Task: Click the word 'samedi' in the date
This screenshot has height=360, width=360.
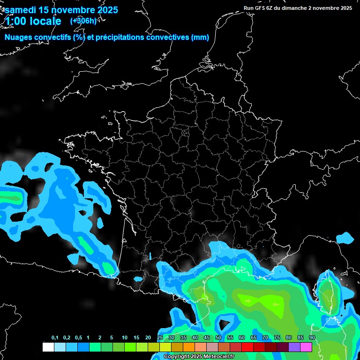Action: point(21,10)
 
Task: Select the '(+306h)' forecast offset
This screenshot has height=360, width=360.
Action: point(83,21)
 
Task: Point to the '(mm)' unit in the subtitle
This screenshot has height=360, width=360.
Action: point(200,37)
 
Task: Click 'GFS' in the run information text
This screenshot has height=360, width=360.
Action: point(262,8)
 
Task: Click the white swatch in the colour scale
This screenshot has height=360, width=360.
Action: point(48,347)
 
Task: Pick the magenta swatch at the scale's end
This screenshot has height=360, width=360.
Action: point(306,347)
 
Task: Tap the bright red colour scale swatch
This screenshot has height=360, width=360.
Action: point(247,347)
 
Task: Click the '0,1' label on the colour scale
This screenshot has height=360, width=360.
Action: point(55,338)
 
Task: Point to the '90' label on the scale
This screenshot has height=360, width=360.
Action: point(312,338)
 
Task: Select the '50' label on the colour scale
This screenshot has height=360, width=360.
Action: point(218,338)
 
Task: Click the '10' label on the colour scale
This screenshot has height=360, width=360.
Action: point(125,338)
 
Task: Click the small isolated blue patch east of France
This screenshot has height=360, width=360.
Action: point(346,238)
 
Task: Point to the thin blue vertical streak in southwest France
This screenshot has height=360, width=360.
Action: point(150,256)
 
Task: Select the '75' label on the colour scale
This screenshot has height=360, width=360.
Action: point(277,338)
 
